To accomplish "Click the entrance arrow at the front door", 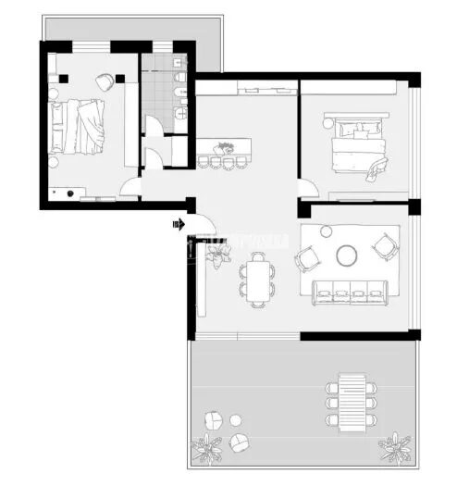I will (177, 223).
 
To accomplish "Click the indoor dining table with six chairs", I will (258, 278).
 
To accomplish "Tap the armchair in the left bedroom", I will (104, 82).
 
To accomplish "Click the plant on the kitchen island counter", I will (224, 146).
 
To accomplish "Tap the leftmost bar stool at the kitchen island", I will (204, 163).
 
